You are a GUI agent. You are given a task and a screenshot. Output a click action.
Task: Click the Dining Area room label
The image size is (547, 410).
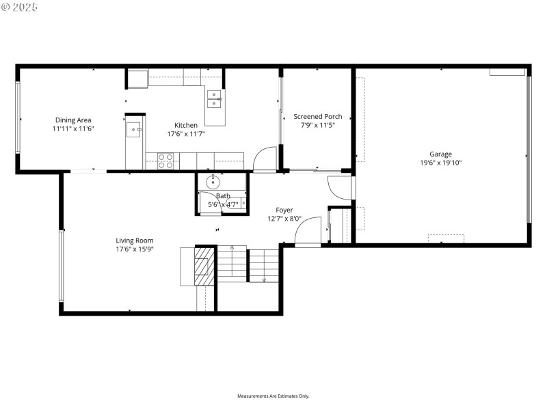[x=73, y=120]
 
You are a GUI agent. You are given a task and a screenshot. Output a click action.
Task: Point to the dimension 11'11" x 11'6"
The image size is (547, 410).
[x=73, y=128]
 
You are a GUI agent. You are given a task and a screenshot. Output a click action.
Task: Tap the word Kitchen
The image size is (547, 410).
[x=186, y=125]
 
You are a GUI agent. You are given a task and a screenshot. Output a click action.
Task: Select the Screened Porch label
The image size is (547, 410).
[x=317, y=117]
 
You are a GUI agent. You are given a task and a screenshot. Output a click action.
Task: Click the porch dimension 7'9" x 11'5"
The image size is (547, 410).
[x=317, y=125]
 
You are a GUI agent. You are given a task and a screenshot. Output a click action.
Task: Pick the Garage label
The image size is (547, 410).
[x=440, y=154]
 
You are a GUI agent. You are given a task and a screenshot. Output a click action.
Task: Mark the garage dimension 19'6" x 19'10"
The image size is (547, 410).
[x=440, y=163]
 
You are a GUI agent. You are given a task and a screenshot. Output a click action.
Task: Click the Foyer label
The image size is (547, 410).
[x=284, y=210]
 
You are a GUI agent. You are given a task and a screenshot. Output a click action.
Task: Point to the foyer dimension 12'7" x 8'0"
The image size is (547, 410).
[x=284, y=219]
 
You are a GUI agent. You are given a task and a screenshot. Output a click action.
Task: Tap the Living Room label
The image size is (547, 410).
[x=134, y=241]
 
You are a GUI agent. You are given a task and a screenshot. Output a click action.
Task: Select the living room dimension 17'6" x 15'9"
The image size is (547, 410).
[x=134, y=249]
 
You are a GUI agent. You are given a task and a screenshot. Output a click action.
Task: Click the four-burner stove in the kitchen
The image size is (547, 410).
[x=165, y=161]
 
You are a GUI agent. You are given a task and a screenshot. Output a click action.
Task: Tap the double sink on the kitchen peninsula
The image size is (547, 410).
[x=215, y=99]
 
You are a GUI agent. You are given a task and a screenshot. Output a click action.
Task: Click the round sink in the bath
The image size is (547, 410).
[x=213, y=181]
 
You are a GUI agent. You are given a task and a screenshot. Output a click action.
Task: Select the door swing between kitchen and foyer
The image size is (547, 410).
[x=264, y=160]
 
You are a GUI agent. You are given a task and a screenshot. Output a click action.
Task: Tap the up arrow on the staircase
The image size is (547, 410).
[x=232, y=249]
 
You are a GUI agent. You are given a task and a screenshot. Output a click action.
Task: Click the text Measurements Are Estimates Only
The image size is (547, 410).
[x=273, y=396]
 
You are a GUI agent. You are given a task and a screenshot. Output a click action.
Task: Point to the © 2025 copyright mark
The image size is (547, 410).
[x=20, y=6]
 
